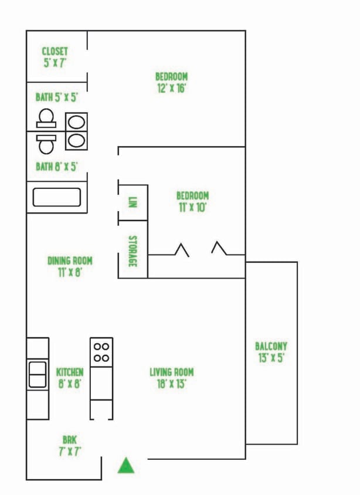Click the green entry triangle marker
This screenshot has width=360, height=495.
[126, 466]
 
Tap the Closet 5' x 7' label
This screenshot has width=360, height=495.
[55, 57]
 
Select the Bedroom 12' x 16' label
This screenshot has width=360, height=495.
[171, 83]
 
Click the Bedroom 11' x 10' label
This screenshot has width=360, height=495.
[192, 201]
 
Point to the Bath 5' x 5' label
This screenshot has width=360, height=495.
[56, 97]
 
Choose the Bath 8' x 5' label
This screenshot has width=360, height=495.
[56, 167]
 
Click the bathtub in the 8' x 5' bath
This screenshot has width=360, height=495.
[57, 197]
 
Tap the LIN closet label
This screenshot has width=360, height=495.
[133, 202]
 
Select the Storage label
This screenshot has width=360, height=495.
[133, 251]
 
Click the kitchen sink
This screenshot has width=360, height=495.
[38, 375]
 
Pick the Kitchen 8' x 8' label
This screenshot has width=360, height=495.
[70, 378]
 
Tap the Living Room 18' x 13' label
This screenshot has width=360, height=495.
[171, 378]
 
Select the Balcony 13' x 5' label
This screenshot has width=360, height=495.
[271, 352]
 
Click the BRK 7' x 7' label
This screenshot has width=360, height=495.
[70, 445]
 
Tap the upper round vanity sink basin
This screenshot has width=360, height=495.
[76, 123]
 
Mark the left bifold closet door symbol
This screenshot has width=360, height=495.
[181, 250]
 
